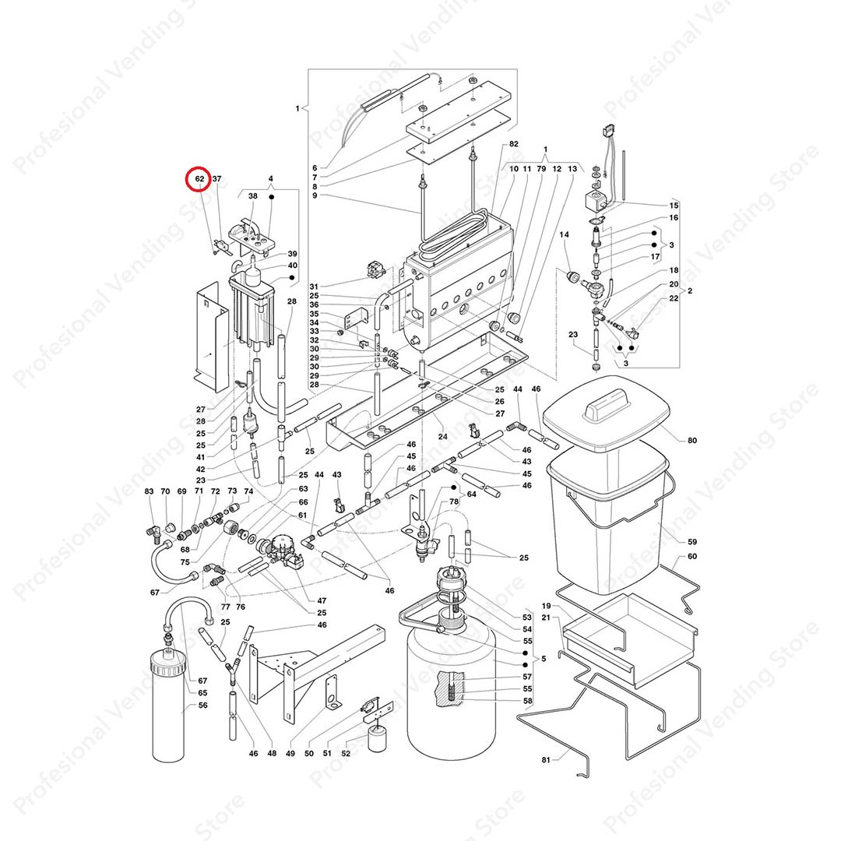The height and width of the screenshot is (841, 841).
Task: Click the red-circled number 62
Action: (199, 179)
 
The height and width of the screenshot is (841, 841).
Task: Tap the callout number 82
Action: (513, 145)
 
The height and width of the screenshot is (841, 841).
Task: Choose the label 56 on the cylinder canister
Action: (202, 706)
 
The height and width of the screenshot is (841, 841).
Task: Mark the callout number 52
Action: (346, 753)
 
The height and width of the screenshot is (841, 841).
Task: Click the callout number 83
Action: (150, 491)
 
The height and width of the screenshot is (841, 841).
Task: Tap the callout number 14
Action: (565, 234)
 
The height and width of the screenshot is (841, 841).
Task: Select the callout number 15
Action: (674, 206)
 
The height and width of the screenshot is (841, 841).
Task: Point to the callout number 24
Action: (442, 436)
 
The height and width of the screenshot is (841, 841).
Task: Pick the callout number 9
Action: (315, 195)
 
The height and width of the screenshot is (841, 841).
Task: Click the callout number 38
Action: (252, 197)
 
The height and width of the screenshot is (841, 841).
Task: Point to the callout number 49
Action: (290, 753)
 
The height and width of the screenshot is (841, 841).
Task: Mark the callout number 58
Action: (526, 702)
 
